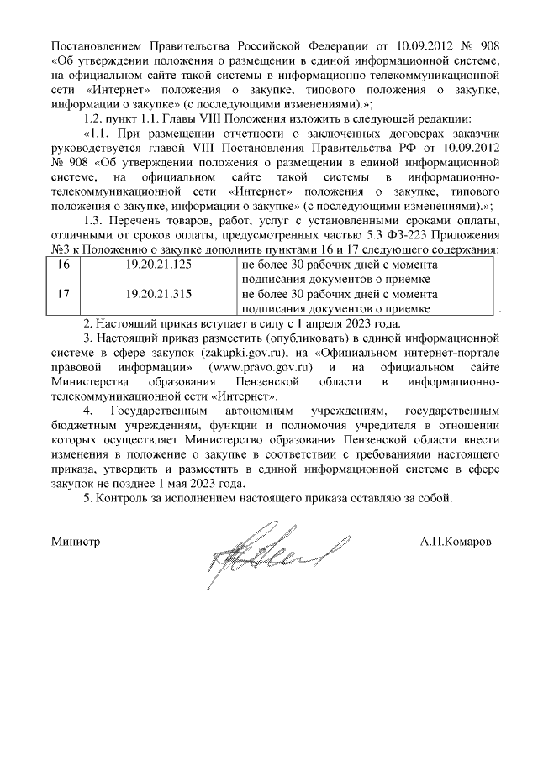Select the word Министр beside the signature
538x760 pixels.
76,542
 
